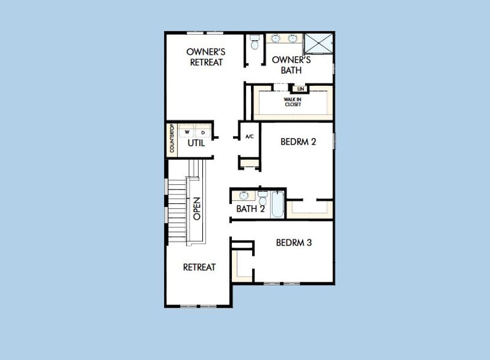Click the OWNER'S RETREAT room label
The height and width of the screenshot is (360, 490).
[x=206, y=57]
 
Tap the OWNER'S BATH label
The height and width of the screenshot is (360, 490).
[x=291, y=65]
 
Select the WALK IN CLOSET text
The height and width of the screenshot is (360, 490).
[x=293, y=102]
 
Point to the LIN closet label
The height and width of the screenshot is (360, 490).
[x=301, y=89]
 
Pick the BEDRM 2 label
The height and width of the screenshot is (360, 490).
[x=298, y=142]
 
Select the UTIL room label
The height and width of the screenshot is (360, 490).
[x=196, y=143]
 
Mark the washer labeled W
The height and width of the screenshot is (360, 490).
[x=187, y=131]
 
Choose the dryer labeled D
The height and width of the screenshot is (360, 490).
[x=203, y=131]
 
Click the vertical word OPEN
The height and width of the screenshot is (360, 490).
[x=196, y=208]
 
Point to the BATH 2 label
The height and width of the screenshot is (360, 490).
[x=250, y=209]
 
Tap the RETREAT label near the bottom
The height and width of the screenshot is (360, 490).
[x=199, y=267]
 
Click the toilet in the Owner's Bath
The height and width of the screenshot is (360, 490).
[x=255, y=44]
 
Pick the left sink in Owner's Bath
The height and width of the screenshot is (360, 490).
[x=276, y=39]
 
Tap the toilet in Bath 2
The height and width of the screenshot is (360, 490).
[x=263, y=196]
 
